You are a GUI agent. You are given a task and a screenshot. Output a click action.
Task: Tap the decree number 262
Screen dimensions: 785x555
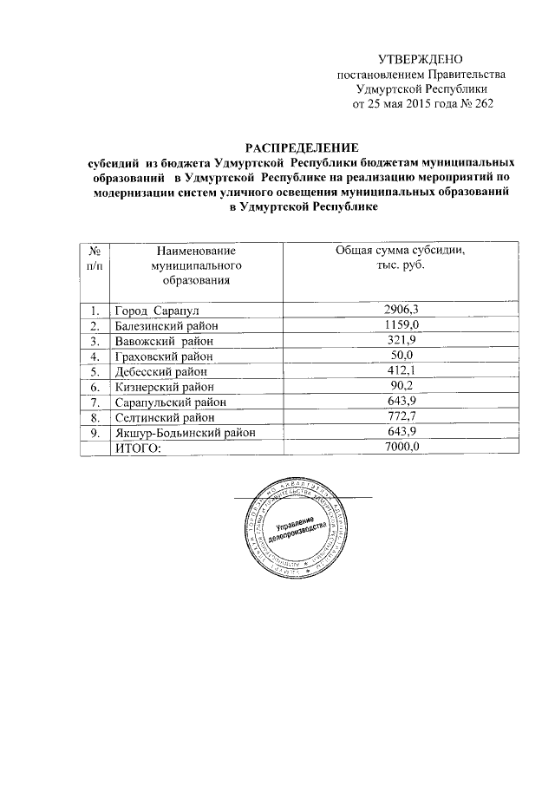(x=482, y=105)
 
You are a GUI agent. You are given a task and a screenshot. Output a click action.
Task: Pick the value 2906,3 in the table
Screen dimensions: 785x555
(x=401, y=310)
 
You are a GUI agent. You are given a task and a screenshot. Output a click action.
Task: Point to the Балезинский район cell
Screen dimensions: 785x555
(x=166, y=324)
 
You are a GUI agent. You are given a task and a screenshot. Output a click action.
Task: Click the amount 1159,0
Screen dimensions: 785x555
(x=401, y=324)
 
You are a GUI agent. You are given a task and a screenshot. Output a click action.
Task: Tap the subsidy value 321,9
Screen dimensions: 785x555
(x=401, y=340)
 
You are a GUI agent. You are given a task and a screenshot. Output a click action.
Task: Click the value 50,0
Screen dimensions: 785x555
(x=401, y=356)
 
